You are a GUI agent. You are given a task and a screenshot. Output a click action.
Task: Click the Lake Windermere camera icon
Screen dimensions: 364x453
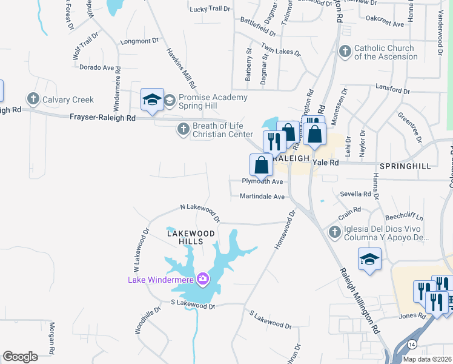(x=202, y=280)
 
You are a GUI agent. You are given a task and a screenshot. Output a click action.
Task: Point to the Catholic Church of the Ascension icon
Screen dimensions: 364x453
(x=345, y=52)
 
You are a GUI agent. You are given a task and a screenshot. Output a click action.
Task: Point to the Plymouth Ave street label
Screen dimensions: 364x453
(x=263, y=182)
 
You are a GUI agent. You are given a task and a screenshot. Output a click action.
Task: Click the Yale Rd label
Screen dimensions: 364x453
(x=324, y=163)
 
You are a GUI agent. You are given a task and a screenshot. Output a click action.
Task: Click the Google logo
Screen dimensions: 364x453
(x=21, y=356)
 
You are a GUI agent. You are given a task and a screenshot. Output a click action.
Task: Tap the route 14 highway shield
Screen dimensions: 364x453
(x=412, y=344)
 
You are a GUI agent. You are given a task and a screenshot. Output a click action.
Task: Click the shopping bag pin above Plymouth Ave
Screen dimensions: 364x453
(x=261, y=165)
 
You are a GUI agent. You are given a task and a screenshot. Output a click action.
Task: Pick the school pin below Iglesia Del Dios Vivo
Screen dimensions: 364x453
(x=369, y=260)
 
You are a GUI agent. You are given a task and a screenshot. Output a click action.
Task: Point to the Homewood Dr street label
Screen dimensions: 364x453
(x=283, y=229)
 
